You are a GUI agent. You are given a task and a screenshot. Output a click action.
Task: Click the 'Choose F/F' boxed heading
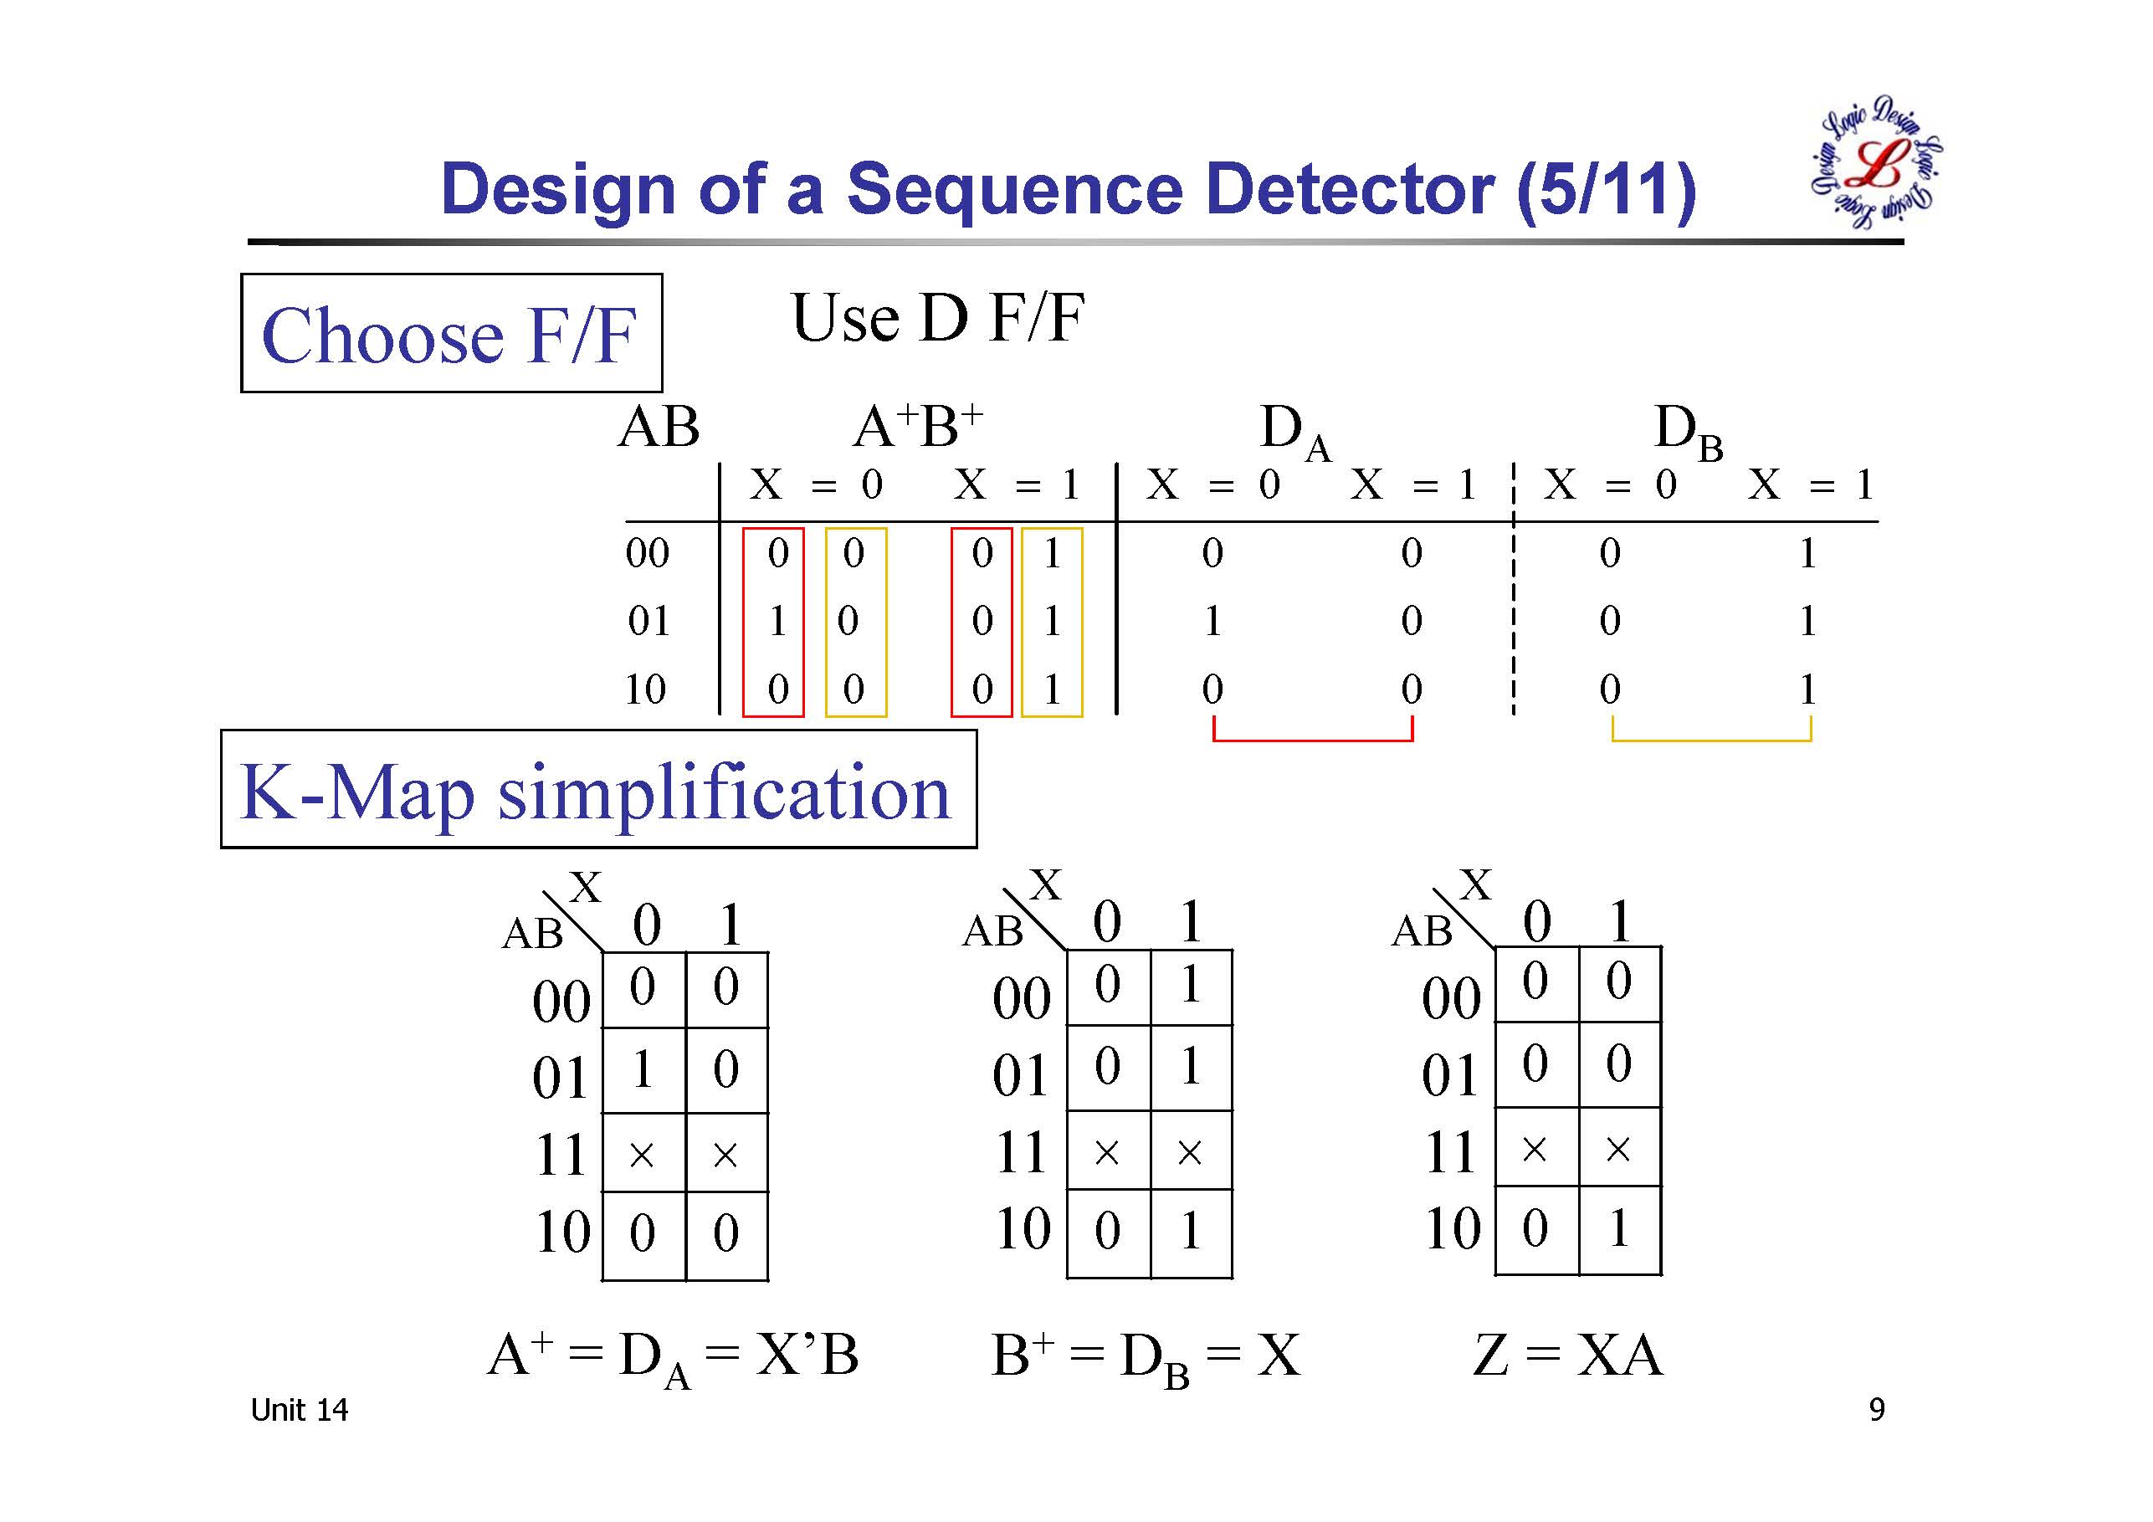click(x=450, y=334)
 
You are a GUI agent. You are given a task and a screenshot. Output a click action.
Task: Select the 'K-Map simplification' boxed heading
click(x=597, y=791)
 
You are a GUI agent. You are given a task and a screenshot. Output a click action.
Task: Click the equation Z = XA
click(x=1568, y=1355)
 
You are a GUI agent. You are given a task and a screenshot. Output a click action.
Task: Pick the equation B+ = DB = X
click(x=1146, y=1357)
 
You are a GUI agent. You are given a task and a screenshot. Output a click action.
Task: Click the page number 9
click(x=1876, y=1410)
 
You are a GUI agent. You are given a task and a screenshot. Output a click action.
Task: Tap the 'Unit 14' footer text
click(x=299, y=1410)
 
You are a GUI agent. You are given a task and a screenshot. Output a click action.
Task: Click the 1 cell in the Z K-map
click(x=1619, y=1228)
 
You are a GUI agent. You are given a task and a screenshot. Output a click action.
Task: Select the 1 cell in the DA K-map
click(x=643, y=1069)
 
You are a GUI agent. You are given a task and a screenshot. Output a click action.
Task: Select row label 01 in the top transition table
click(x=648, y=621)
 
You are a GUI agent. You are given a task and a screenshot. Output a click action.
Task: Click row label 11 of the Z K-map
click(x=1451, y=1150)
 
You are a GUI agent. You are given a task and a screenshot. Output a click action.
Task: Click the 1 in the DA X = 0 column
click(x=1212, y=621)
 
